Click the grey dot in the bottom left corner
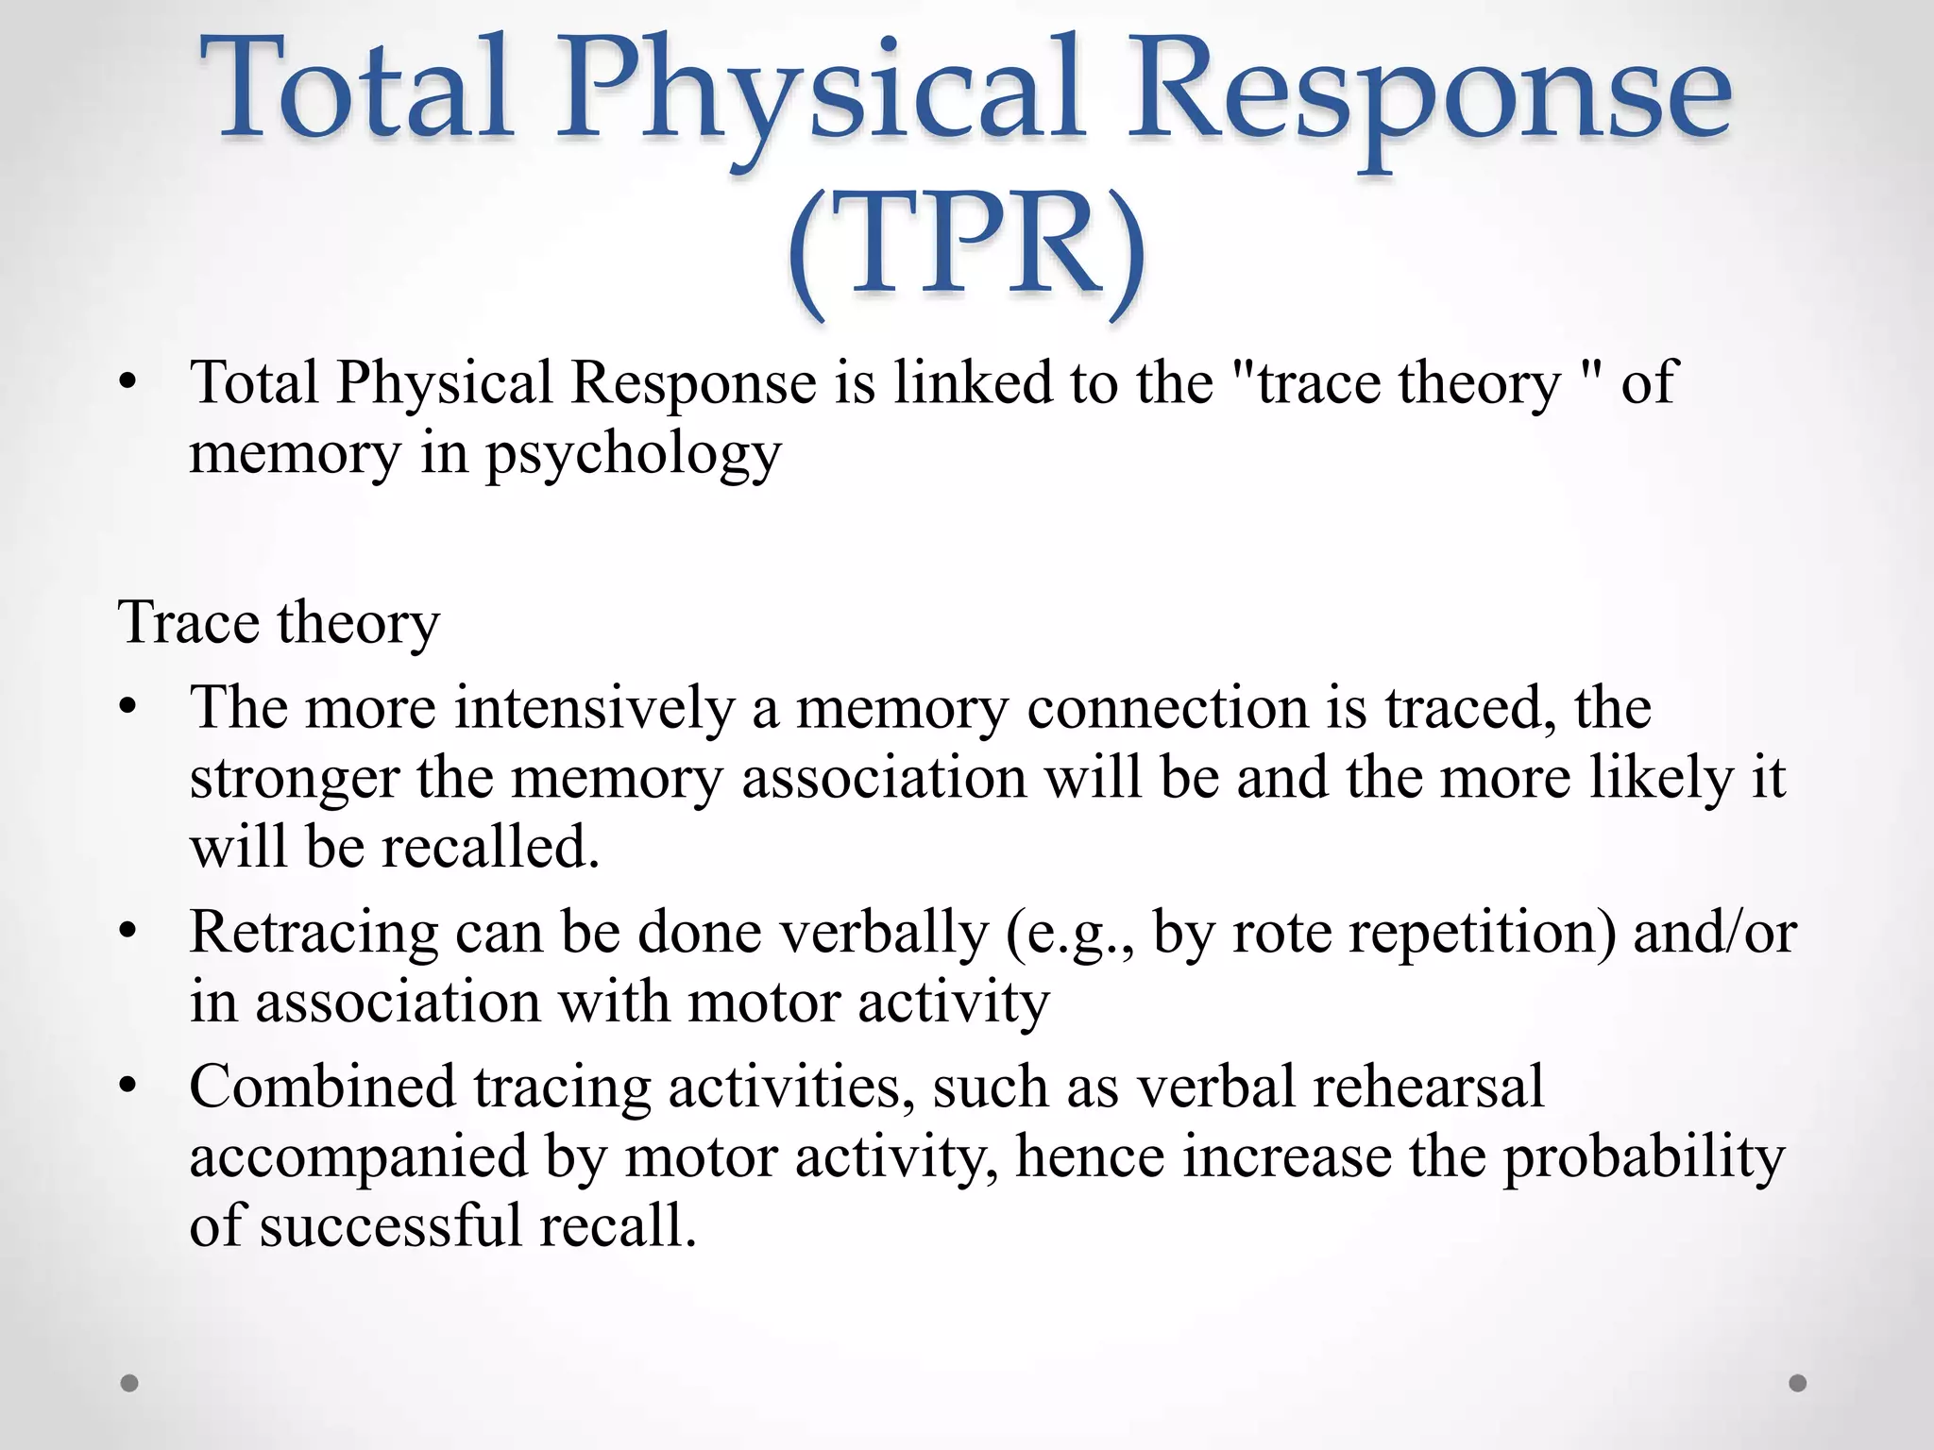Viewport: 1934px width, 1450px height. (130, 1383)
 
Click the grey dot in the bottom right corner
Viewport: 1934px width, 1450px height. (1798, 1383)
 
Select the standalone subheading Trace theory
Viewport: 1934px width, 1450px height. (279, 623)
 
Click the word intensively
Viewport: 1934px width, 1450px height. (594, 707)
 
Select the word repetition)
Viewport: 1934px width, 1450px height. (1483, 933)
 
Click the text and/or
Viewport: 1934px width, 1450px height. (1714, 933)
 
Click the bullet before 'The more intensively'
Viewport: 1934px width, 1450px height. (129, 707)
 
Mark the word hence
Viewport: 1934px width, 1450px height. (1090, 1156)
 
